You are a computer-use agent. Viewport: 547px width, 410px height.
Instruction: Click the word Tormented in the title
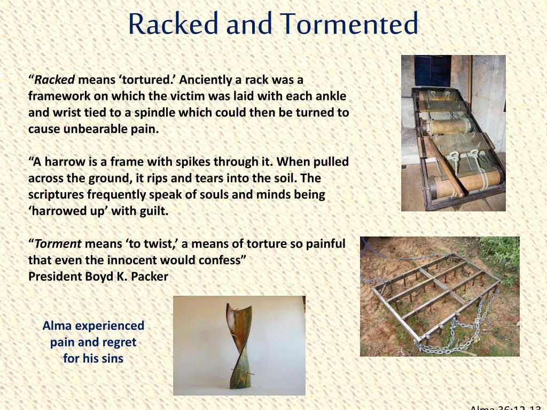pos(350,25)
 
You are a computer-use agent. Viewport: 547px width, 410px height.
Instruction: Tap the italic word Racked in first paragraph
pos(55,80)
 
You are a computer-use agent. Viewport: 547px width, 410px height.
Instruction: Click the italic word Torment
pos(58,244)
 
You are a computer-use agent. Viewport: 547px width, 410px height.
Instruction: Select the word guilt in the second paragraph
pos(153,211)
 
